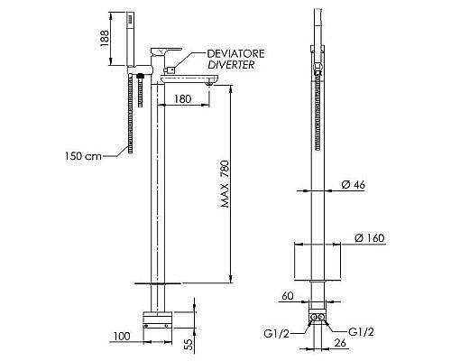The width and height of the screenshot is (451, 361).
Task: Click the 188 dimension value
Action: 105,38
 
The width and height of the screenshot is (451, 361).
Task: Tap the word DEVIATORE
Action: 236,53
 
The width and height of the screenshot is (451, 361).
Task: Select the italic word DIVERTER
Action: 231,65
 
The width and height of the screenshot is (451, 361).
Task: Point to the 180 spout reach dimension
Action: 183,98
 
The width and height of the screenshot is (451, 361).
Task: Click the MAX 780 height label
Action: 225,184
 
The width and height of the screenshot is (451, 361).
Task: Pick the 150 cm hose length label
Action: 84,156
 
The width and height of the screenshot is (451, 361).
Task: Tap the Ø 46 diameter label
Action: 354,184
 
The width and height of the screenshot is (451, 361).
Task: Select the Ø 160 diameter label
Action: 370,238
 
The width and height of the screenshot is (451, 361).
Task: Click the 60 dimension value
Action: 288,296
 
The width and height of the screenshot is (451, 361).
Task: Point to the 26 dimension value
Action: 340,343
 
